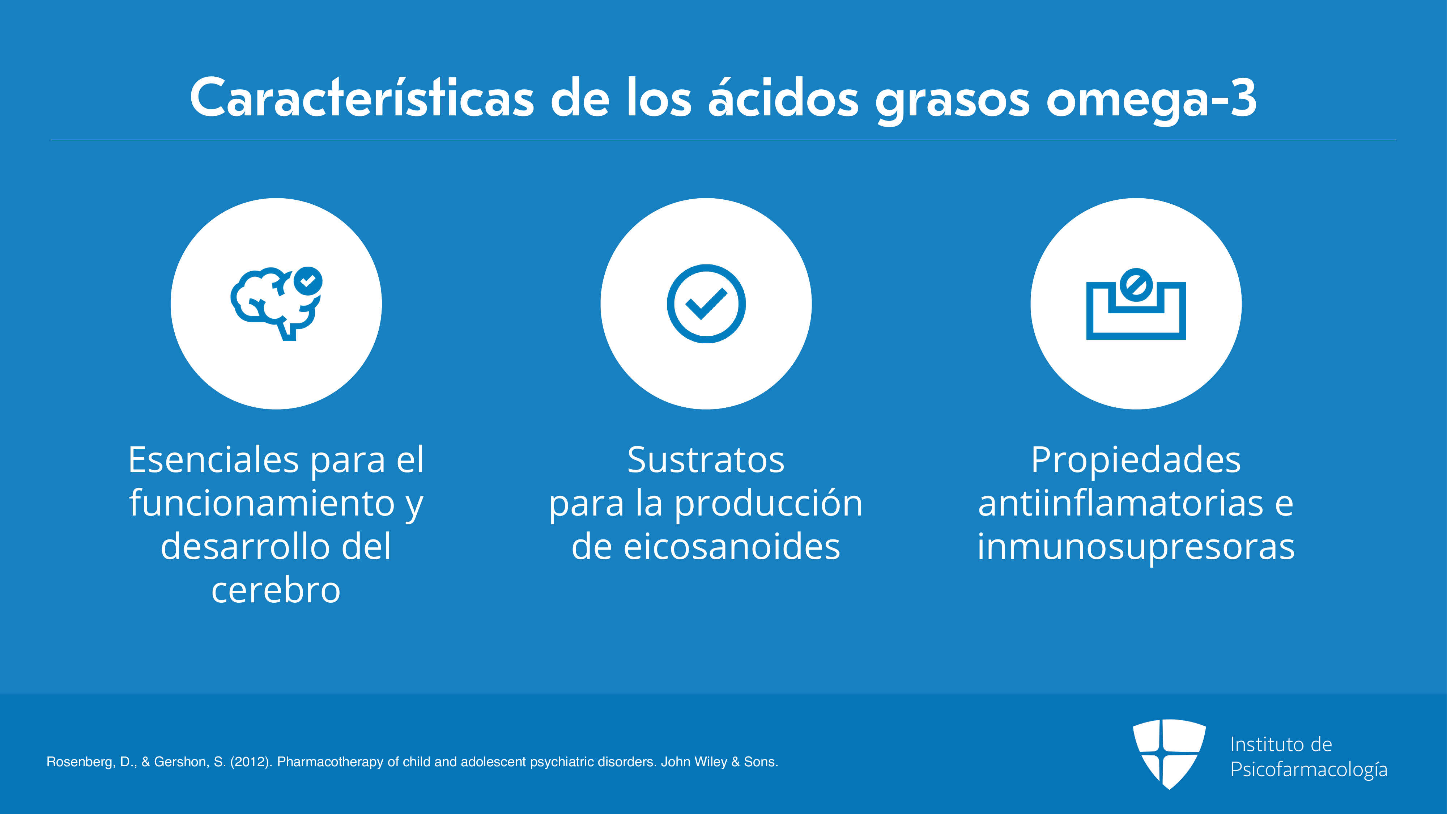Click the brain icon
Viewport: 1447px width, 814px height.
coord(276,304)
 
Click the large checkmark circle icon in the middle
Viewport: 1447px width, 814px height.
coord(706,304)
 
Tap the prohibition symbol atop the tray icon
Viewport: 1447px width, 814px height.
coord(1136,285)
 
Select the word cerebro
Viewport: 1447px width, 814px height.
coord(276,590)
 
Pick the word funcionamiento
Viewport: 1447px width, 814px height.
coord(262,503)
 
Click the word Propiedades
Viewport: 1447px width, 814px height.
coord(1136,461)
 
